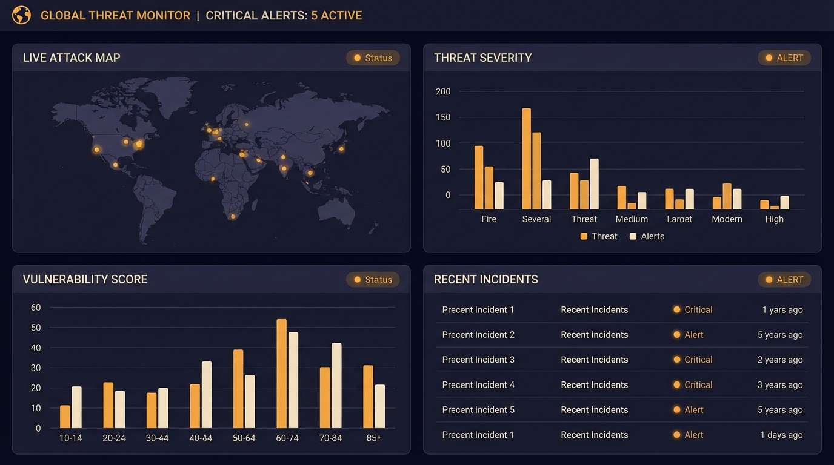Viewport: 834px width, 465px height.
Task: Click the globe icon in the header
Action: click(21, 15)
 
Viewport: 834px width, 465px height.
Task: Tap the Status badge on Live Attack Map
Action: click(373, 58)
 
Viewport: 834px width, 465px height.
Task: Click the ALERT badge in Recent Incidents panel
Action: click(784, 280)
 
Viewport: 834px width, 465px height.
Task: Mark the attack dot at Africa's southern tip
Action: click(233, 216)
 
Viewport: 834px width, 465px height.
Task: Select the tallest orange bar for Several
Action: click(526, 159)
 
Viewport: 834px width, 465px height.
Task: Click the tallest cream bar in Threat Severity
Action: click(594, 184)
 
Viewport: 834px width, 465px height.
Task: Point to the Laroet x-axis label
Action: click(679, 219)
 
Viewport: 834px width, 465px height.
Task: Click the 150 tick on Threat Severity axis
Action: click(443, 117)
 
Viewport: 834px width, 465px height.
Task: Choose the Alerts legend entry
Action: click(647, 236)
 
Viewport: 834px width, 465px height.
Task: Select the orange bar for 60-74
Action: click(281, 374)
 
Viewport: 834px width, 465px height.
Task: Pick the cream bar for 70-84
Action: click(336, 386)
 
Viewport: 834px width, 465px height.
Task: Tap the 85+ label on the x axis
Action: click(374, 438)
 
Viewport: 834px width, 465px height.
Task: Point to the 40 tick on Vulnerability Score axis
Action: click(36, 348)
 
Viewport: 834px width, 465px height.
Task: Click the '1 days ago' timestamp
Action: click(781, 435)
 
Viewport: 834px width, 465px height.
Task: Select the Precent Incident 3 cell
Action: click(478, 360)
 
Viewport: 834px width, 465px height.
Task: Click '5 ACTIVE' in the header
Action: click(336, 16)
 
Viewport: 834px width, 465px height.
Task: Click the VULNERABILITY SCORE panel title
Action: click(85, 280)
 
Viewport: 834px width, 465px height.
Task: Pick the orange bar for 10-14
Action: click(65, 417)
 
